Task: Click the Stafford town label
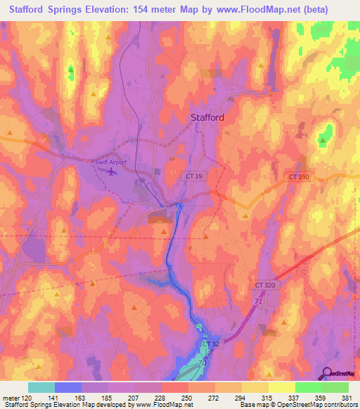(x=207, y=118)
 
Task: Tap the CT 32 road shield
(x=210, y=344)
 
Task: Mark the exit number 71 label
(x=258, y=301)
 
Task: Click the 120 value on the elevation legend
(x=27, y=397)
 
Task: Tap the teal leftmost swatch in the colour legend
(x=41, y=387)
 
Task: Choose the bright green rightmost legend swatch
(x=335, y=387)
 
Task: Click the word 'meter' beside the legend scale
(x=10, y=397)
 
